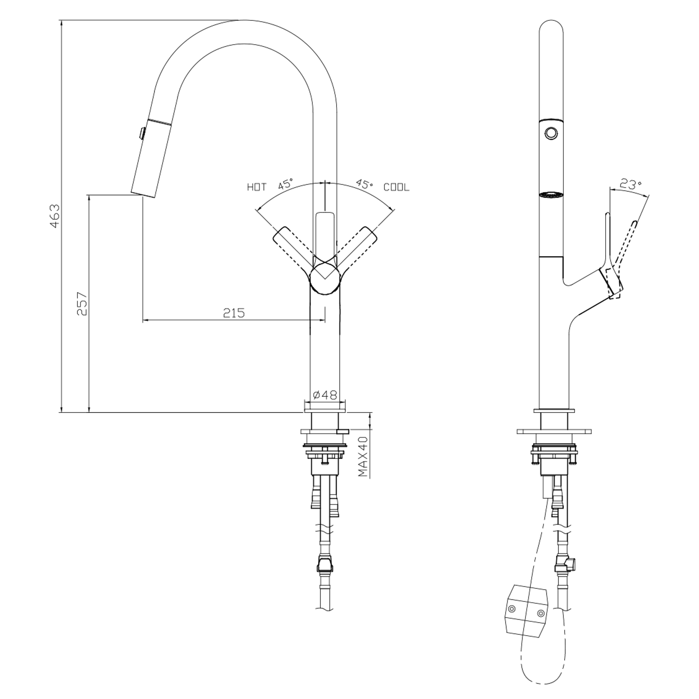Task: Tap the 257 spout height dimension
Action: coord(83,303)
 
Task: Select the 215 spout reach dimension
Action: coord(234,312)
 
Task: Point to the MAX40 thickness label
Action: coord(363,456)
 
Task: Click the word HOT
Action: coord(256,187)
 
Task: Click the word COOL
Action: coord(396,187)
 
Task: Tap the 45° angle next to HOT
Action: coord(286,184)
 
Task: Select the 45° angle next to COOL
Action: coord(364,184)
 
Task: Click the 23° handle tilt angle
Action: coord(630,184)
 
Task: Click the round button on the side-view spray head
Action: coord(551,133)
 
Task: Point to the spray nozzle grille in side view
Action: coord(551,194)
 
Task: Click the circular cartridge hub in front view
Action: coord(325,278)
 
